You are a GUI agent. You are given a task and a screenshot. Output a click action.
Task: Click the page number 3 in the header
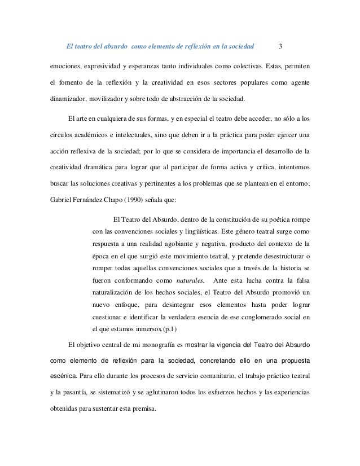pyautogui.click(x=281, y=46)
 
